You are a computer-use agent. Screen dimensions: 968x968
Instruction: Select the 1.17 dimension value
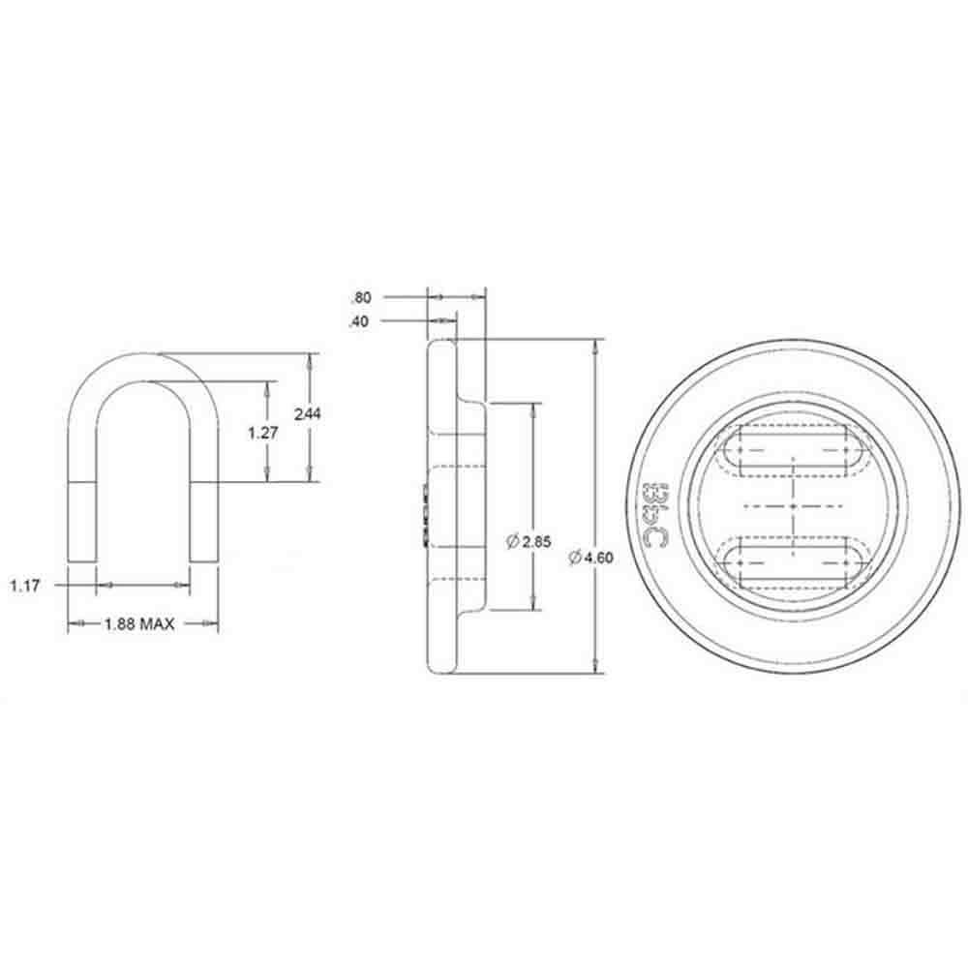[x=26, y=585]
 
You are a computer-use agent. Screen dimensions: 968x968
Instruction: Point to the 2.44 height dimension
[x=307, y=413]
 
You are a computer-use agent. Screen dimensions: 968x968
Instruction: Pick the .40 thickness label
[x=360, y=321]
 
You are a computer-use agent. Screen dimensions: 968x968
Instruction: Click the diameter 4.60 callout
[x=591, y=557]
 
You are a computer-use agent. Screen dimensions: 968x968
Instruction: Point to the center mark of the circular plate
[x=793, y=506]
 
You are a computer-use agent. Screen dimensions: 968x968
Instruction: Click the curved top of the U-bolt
[x=142, y=368]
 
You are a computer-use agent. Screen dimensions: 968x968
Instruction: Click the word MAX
[x=157, y=624]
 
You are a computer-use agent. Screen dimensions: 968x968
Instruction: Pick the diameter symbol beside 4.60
[x=574, y=557]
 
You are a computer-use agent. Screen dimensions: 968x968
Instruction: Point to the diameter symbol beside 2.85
[x=512, y=542]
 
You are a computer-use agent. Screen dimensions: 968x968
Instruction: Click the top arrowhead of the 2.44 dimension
[x=310, y=359]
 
